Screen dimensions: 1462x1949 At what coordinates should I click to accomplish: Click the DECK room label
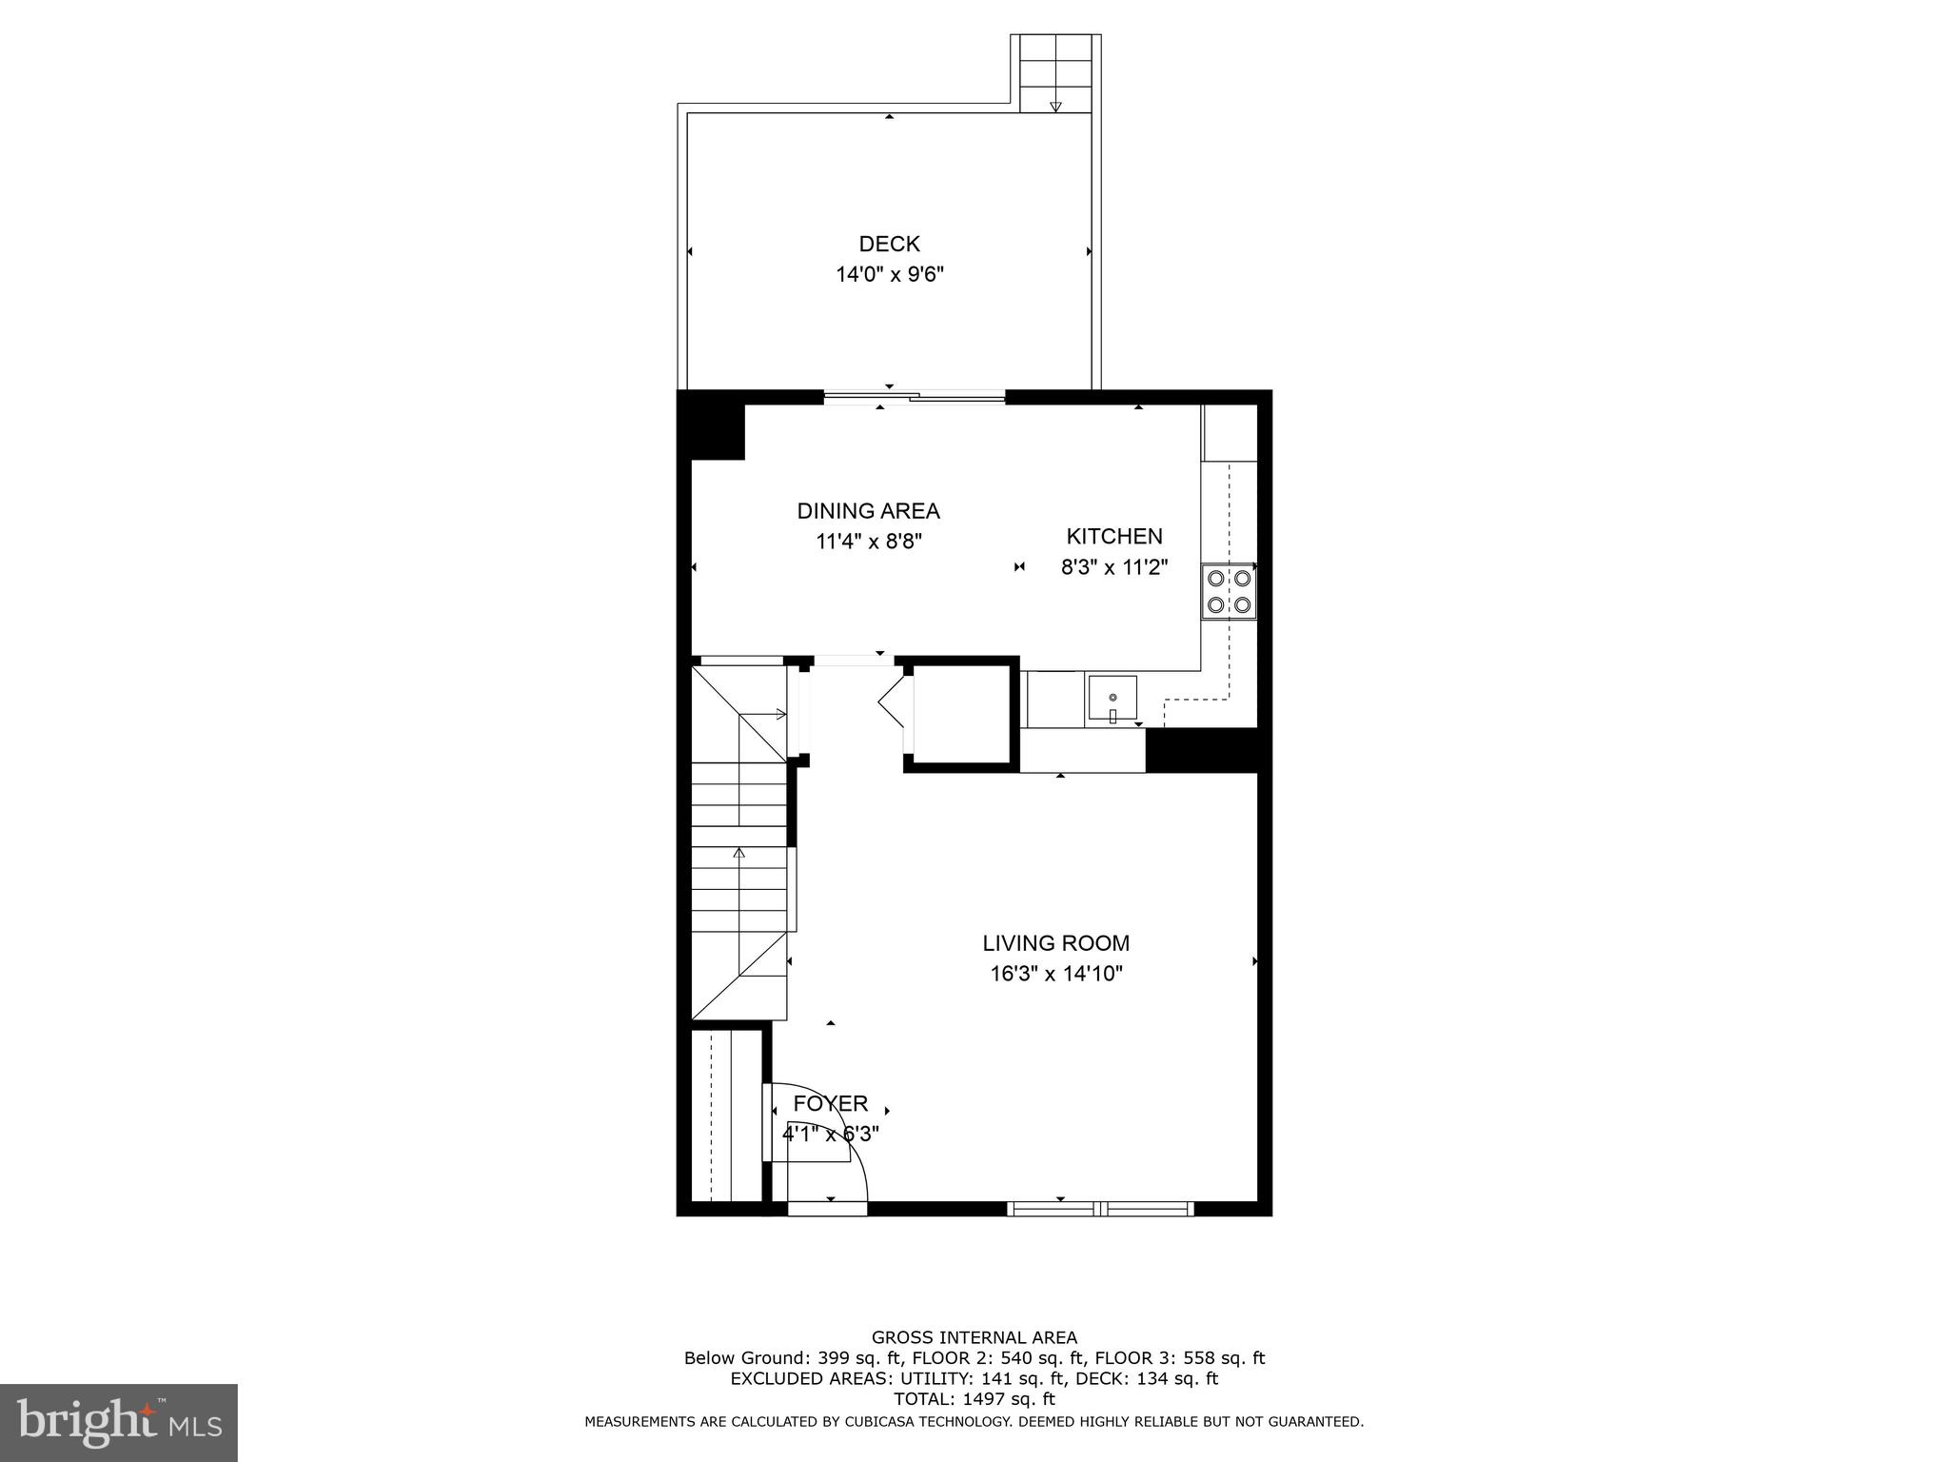[x=889, y=245]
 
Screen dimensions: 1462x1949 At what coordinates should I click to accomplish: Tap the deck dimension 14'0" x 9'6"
[x=889, y=275]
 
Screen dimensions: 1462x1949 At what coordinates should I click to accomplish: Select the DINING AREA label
[x=868, y=511]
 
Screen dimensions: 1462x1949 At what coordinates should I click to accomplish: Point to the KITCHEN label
[x=1113, y=536]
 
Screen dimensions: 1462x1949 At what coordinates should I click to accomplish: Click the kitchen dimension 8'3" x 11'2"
[x=1113, y=567]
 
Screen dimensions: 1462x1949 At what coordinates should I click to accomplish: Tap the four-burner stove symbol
[x=1229, y=591]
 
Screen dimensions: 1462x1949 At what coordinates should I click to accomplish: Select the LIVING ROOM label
[x=1055, y=943]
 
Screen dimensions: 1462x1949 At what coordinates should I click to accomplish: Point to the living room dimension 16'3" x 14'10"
[x=1055, y=974]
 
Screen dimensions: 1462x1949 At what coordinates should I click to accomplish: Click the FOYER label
[x=830, y=1103]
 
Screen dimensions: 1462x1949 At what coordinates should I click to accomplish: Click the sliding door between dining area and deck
[x=914, y=398]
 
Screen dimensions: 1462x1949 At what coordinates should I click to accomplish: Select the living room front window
[x=1100, y=1209]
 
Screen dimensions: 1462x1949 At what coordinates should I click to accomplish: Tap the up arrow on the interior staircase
[x=738, y=852]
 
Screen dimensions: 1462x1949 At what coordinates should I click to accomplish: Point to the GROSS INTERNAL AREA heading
[x=974, y=1337]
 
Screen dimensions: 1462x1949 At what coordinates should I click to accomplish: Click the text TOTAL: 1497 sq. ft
[x=974, y=1399]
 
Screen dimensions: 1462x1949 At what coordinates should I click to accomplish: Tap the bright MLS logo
[x=118, y=1422]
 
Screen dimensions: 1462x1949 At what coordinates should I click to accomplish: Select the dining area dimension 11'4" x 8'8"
[x=868, y=542]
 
